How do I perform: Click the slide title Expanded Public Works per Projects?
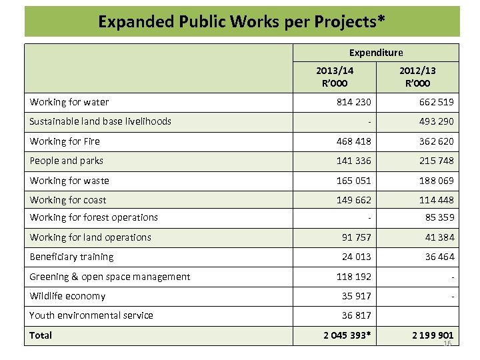click(x=241, y=21)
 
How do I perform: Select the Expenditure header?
click(x=376, y=52)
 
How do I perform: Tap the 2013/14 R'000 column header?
click(x=335, y=77)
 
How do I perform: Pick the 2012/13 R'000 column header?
click(x=418, y=77)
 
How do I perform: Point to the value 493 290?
click(x=437, y=121)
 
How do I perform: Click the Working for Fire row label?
click(x=65, y=141)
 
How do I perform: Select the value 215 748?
click(x=437, y=161)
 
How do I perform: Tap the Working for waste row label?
click(x=69, y=181)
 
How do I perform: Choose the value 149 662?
click(x=353, y=200)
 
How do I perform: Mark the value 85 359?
click(x=439, y=217)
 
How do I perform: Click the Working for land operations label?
click(x=91, y=237)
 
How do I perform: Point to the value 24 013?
click(x=356, y=257)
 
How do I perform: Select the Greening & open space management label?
click(x=110, y=277)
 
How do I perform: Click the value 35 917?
click(x=356, y=296)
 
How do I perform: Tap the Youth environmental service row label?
click(x=91, y=315)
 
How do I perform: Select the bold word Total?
click(x=41, y=335)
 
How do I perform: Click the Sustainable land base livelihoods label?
click(x=101, y=121)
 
